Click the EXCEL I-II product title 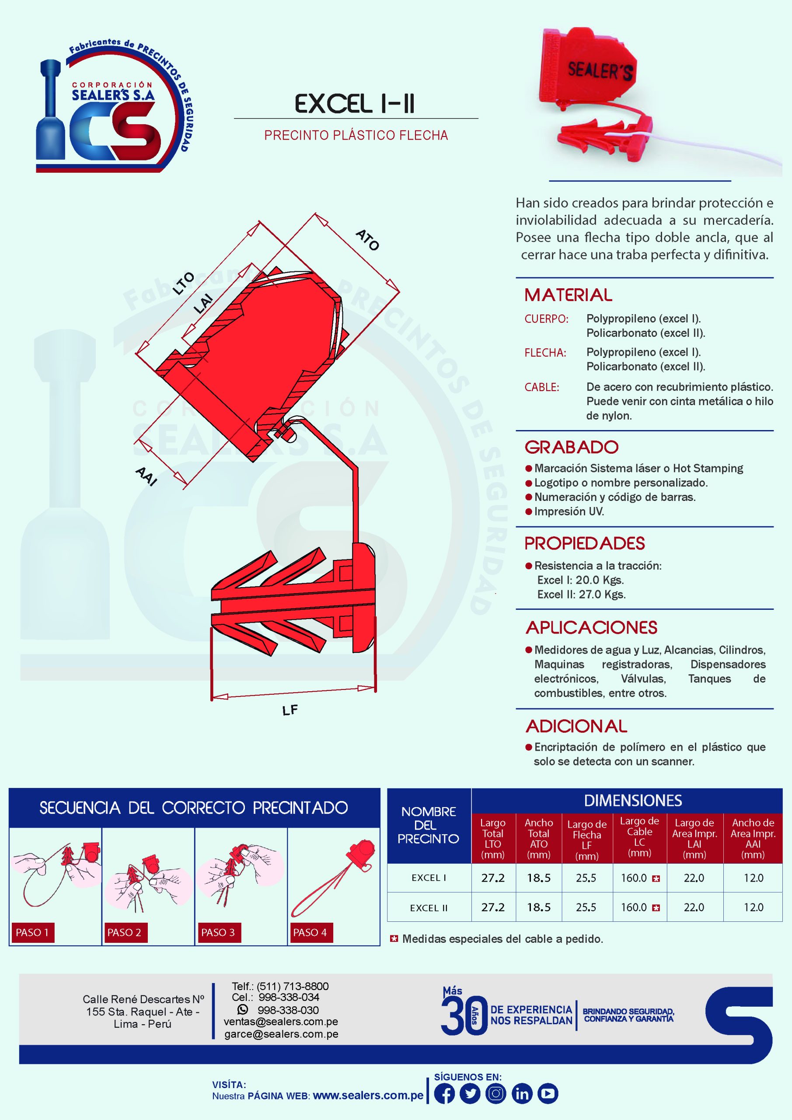(355, 104)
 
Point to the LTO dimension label (183, 283)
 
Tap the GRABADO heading (572, 447)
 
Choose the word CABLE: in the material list (542, 387)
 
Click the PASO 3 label (217, 933)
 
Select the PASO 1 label (32, 933)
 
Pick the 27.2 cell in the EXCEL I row (492, 878)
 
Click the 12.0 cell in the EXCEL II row (753, 907)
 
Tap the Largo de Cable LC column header (639, 836)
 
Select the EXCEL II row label (429, 908)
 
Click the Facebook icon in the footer (444, 1094)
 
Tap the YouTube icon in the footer (548, 1094)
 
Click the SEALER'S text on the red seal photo (600, 70)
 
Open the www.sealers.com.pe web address (368, 1095)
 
